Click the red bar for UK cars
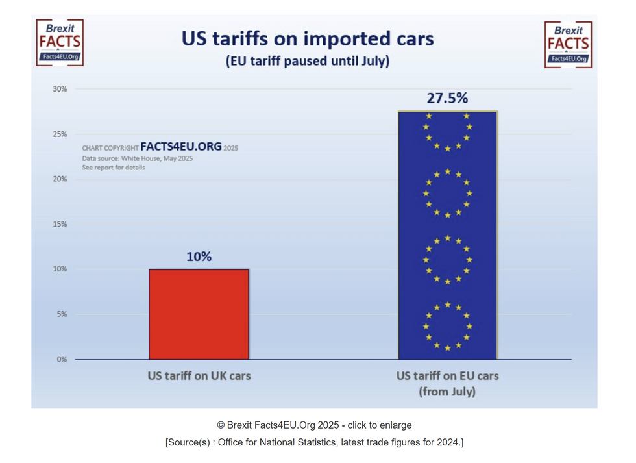(x=199, y=314)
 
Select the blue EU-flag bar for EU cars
(x=447, y=235)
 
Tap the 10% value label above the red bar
(x=199, y=257)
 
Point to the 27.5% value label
(x=447, y=99)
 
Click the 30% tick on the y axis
(x=60, y=89)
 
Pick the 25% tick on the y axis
(x=60, y=134)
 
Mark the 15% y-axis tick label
(x=60, y=224)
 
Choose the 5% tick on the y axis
(x=61, y=314)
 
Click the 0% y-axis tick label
(x=61, y=359)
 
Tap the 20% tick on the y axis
(x=60, y=179)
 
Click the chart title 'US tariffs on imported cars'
(x=308, y=39)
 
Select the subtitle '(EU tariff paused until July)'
(x=308, y=62)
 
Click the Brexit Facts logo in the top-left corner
(x=59, y=43)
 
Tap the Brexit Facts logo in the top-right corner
(x=568, y=43)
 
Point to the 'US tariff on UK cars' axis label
(x=199, y=376)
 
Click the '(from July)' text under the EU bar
(x=447, y=392)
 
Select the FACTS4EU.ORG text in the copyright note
(x=181, y=147)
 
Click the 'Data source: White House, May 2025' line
(x=137, y=158)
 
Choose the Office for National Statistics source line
(x=314, y=442)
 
